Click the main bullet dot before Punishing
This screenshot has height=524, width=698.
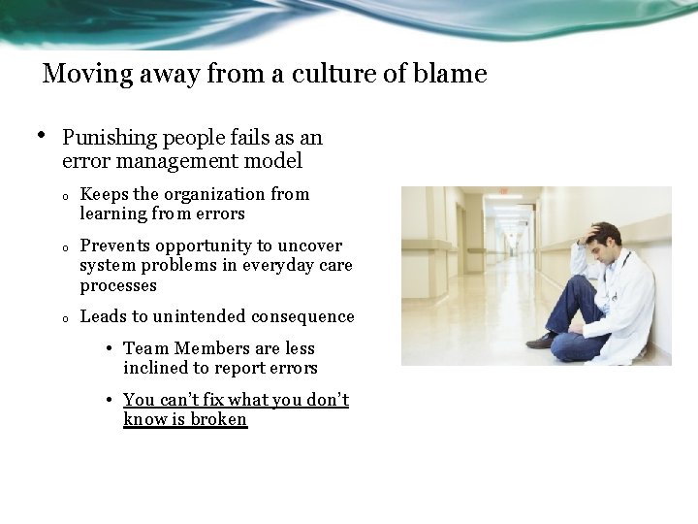coord(42,136)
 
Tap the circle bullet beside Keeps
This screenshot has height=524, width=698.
coord(63,197)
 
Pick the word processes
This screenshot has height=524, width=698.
coord(118,286)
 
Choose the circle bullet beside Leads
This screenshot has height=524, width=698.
coord(63,319)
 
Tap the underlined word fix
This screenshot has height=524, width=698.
coord(215,400)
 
